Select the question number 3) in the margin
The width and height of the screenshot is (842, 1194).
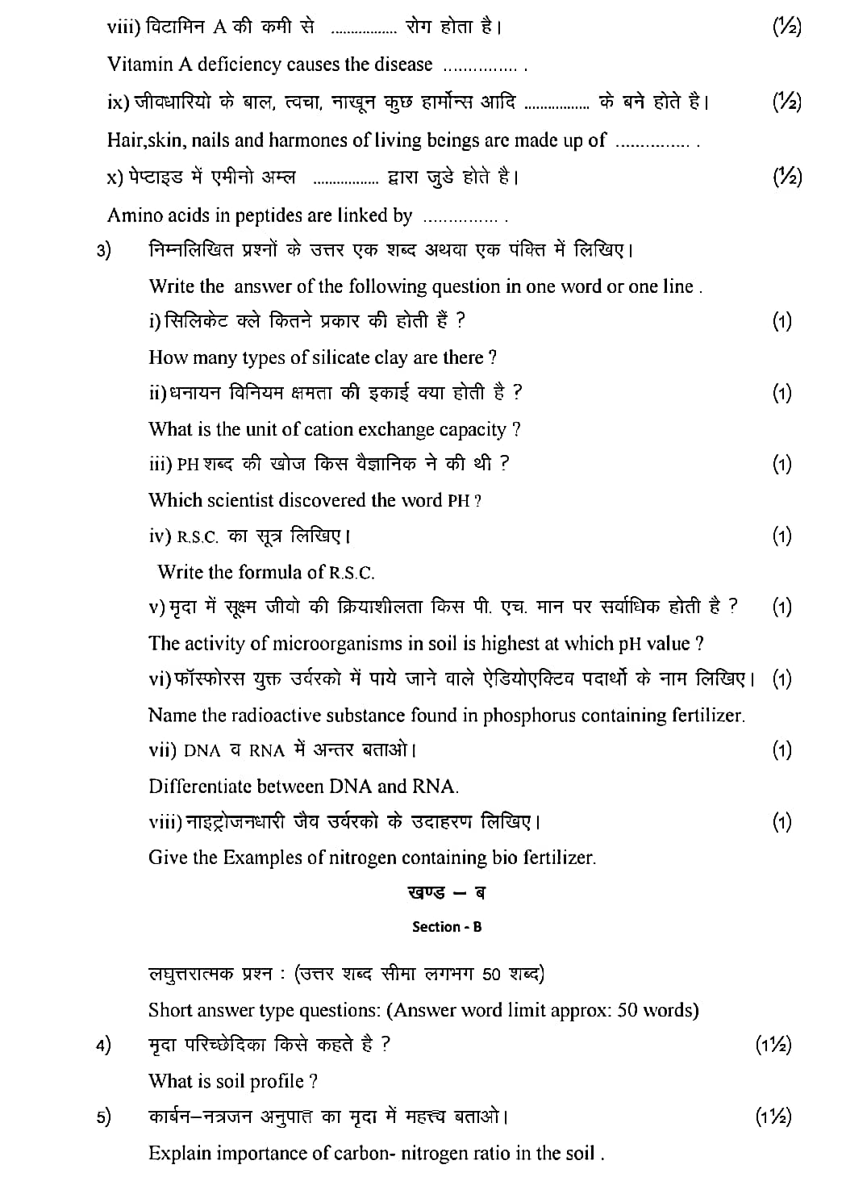(x=104, y=250)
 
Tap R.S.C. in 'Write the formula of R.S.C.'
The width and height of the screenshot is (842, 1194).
(x=352, y=573)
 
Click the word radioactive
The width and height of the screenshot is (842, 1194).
(x=277, y=716)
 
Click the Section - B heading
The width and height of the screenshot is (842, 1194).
(x=447, y=927)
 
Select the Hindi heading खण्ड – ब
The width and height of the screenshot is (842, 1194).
(x=447, y=893)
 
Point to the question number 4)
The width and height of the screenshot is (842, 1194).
(x=104, y=1046)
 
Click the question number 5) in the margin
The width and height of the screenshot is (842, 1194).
(x=104, y=1117)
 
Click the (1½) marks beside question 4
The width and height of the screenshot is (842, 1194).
(x=773, y=1046)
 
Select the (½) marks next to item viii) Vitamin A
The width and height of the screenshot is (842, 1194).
(x=786, y=27)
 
